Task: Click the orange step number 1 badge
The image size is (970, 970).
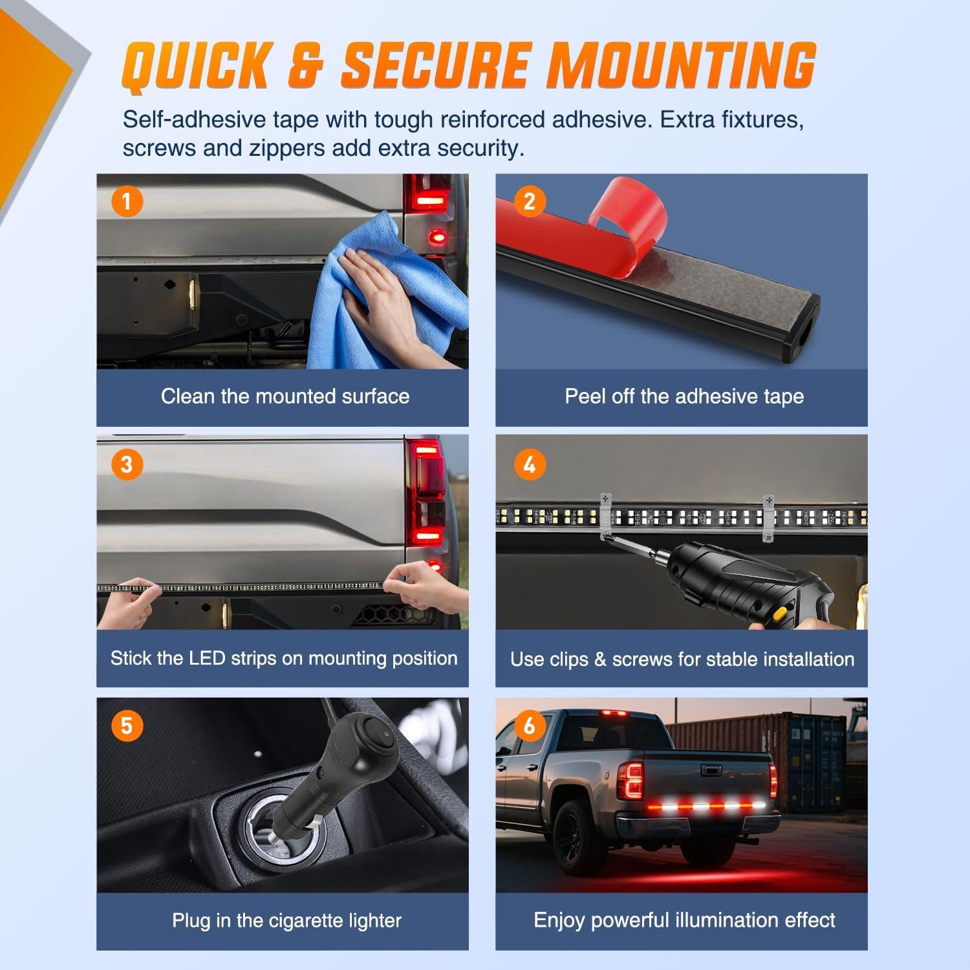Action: (127, 201)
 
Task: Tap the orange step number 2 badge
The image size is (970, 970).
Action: (530, 201)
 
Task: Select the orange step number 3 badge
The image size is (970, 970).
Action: (127, 464)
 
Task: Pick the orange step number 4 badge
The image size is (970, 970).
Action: (530, 464)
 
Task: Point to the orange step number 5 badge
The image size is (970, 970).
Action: (127, 726)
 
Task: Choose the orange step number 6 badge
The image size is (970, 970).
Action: (530, 726)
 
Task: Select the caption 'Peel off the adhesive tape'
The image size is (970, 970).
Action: (684, 396)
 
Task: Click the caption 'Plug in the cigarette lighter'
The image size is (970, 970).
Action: (286, 920)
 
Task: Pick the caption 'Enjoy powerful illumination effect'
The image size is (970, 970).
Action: (684, 920)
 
